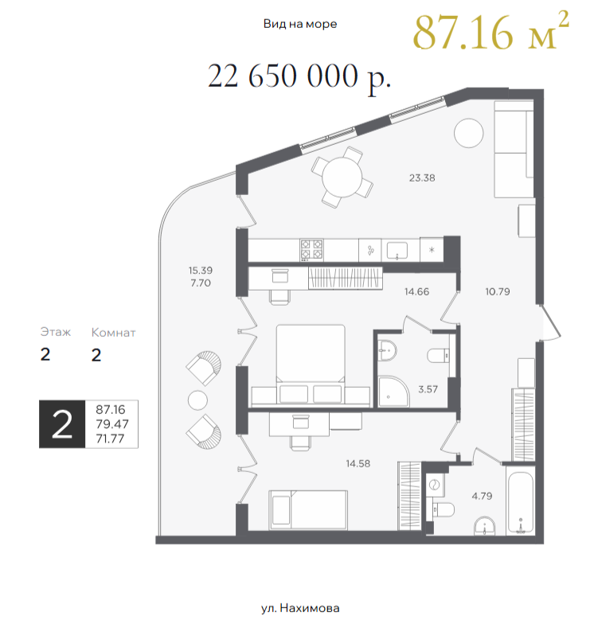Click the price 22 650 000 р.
[299, 77]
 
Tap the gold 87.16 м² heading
[490, 31]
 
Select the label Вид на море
[300, 24]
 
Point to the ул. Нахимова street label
[300, 608]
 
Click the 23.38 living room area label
[422, 178]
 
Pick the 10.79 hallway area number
[498, 291]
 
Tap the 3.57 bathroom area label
[428, 389]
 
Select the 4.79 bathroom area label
[482, 496]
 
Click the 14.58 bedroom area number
[358, 463]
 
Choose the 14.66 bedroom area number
[416, 291]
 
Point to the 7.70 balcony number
[201, 283]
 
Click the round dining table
[342, 178]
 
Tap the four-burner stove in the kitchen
[311, 250]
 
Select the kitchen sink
[397, 250]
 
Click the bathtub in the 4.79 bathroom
[521, 501]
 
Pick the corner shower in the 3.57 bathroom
[393, 392]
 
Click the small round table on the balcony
[197, 400]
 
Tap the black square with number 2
[62, 424]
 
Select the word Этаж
[56, 332]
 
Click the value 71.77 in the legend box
[111, 439]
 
